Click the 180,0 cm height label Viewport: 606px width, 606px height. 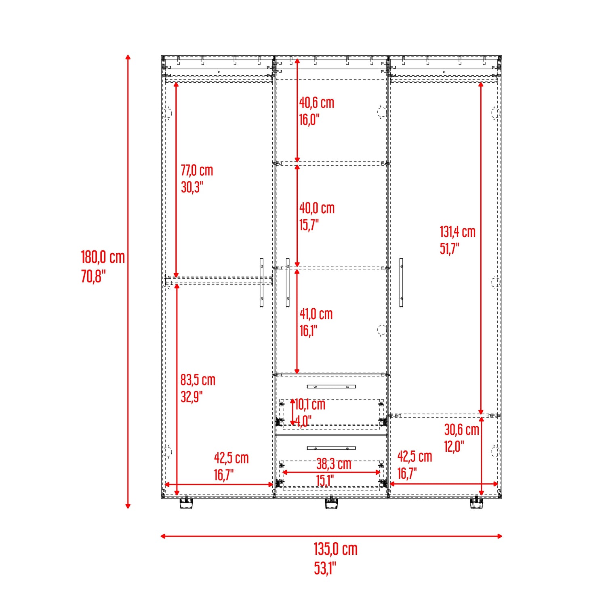103,257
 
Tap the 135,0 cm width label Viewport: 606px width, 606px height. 336,549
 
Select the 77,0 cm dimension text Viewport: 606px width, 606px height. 197,170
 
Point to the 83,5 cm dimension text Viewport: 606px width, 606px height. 198,380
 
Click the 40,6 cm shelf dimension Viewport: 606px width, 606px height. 317,103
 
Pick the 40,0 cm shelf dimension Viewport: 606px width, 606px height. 317,208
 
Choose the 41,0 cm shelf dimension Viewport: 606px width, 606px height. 316,314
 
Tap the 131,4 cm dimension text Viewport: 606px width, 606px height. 458,232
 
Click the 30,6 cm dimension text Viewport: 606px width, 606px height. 462,430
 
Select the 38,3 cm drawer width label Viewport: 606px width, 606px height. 334,464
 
